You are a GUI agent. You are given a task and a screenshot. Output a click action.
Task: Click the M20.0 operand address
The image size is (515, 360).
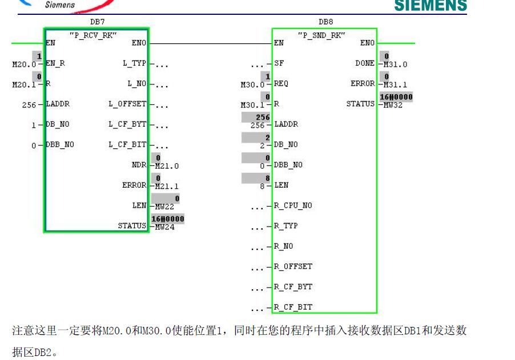coord(22,64)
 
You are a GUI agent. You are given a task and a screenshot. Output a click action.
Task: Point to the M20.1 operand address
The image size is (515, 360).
coord(22,85)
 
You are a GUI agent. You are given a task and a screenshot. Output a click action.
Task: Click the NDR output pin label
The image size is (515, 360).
coord(139,165)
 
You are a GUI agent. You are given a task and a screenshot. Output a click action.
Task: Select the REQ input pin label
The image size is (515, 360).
coord(281,84)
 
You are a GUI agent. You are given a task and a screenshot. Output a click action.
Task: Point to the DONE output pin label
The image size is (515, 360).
coord(364,63)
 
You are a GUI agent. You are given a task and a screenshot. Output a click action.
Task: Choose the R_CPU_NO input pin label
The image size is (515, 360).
coord(293,205)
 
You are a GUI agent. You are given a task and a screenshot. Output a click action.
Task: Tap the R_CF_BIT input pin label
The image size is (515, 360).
coord(293,307)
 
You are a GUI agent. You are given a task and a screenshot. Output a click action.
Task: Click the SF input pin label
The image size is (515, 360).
coord(279,63)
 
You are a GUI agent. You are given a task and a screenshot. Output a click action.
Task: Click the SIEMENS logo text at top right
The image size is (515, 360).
coord(430,6)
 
